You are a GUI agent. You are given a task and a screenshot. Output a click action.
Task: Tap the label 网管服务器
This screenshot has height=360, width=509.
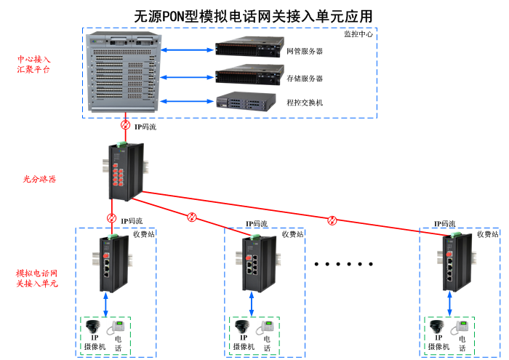click(305, 52)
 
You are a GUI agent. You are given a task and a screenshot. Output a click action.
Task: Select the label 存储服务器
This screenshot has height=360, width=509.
click(305, 78)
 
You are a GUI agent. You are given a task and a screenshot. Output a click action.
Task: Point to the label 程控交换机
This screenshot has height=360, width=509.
click(305, 103)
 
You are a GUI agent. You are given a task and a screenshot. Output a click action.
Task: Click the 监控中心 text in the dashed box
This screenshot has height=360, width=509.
click(358, 34)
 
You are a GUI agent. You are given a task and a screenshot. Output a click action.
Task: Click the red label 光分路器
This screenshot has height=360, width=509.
click(39, 178)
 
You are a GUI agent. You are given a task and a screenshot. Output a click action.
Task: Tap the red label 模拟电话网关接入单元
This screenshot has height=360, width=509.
click(36, 279)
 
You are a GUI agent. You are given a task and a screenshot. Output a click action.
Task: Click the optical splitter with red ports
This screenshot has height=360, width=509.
click(124, 171)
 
